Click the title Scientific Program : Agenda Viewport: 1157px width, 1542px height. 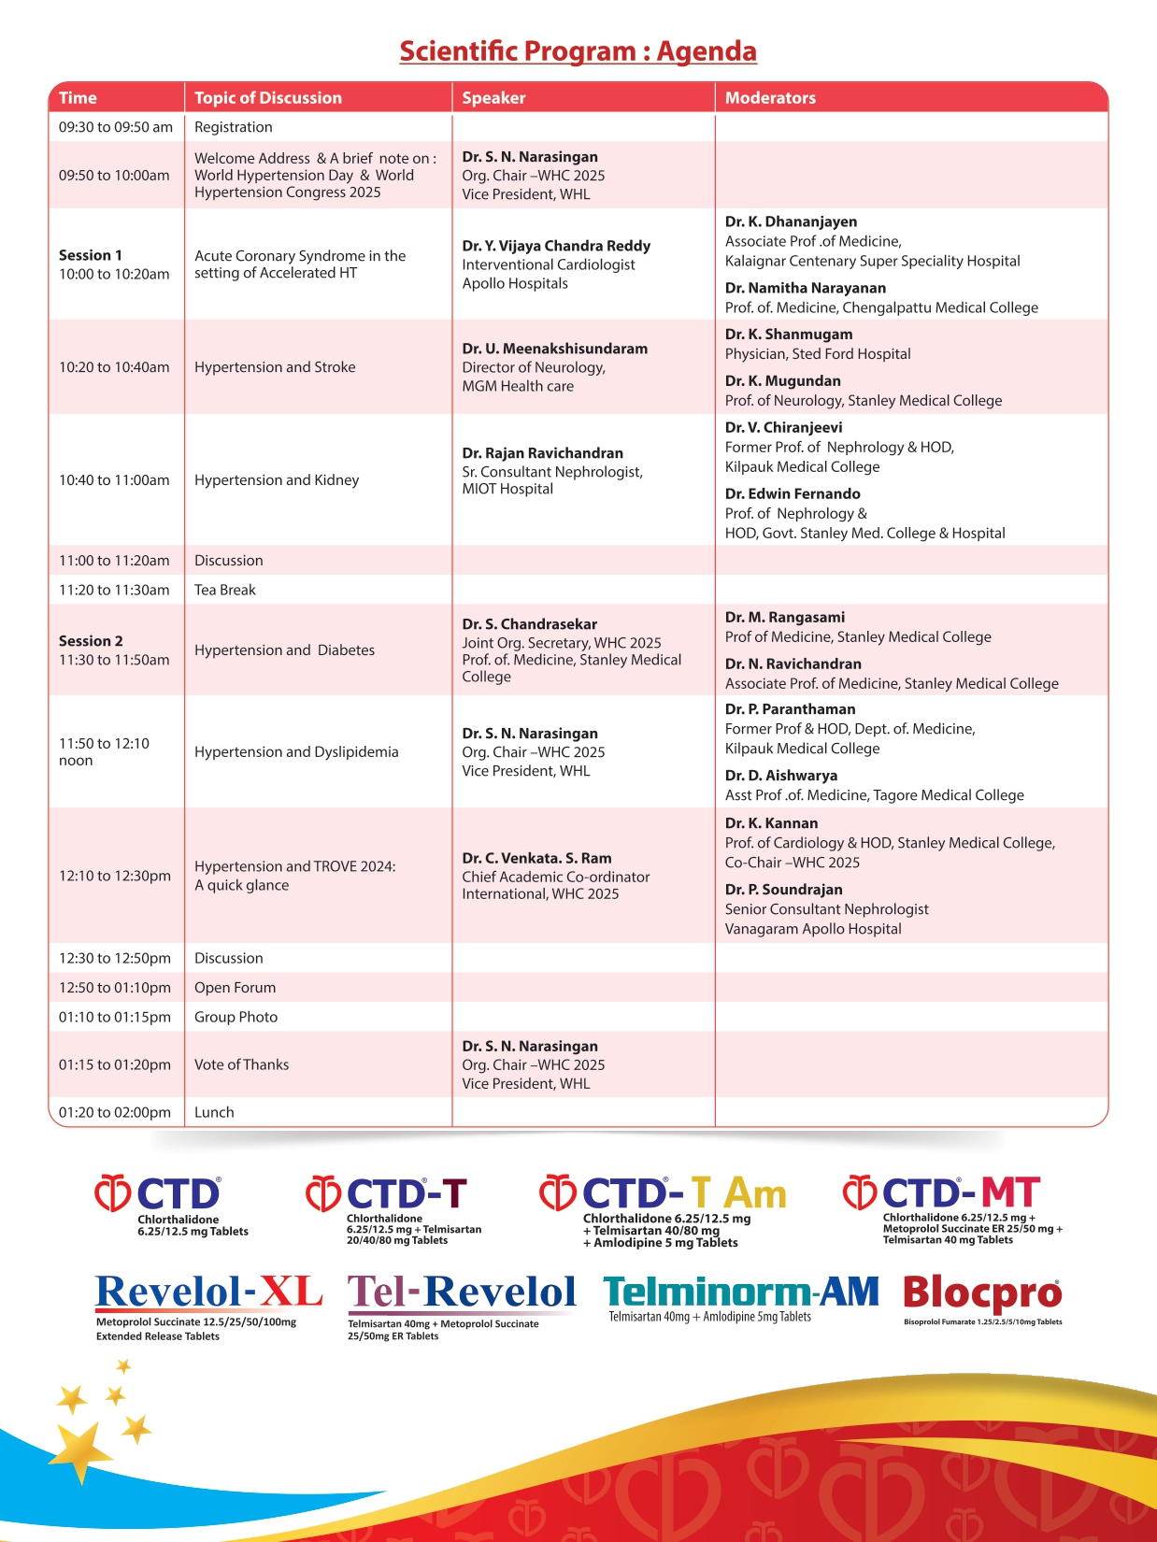[x=578, y=51]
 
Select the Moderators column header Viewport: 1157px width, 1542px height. [x=770, y=98]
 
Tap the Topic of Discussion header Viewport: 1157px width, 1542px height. [x=267, y=98]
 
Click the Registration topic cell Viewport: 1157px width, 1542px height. [x=234, y=127]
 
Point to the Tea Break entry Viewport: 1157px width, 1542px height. [x=225, y=590]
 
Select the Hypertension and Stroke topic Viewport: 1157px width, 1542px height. [x=275, y=367]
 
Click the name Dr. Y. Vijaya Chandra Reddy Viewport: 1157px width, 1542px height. [x=556, y=246]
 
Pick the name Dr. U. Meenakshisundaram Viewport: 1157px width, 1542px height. [x=554, y=349]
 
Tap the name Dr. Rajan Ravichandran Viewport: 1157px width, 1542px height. [x=542, y=453]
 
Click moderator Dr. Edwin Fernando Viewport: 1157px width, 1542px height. [x=793, y=493]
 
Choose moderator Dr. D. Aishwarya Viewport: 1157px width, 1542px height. [x=780, y=776]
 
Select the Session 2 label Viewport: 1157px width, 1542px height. [x=91, y=641]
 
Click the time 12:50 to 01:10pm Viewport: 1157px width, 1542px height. [x=115, y=988]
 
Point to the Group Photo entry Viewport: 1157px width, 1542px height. [x=236, y=1017]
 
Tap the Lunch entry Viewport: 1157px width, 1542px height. [x=214, y=1112]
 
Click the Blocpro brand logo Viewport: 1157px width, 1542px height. [x=982, y=1293]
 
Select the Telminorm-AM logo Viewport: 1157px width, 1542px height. [x=741, y=1292]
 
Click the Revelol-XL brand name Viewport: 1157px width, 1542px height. [x=208, y=1292]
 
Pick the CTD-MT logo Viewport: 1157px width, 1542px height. [x=941, y=1193]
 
